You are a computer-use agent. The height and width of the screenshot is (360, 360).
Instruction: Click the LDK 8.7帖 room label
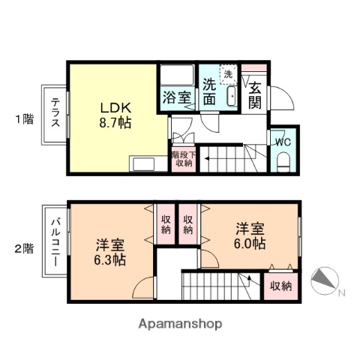115,115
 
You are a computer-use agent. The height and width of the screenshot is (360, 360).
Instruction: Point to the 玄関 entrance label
256,94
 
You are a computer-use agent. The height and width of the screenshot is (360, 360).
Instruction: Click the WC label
283,141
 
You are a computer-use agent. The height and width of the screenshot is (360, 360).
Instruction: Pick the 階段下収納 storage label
184,158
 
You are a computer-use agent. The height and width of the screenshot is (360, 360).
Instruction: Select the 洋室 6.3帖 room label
110,252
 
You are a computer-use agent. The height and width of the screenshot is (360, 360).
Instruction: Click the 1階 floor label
24,118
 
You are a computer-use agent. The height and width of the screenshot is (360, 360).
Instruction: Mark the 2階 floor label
24,248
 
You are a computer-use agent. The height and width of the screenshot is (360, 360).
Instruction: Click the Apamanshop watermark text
179,324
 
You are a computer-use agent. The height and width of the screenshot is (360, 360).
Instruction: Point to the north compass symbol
325,279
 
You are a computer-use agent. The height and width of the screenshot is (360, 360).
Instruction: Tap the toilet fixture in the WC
283,160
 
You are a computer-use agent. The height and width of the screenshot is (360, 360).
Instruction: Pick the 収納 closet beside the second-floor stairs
280,286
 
